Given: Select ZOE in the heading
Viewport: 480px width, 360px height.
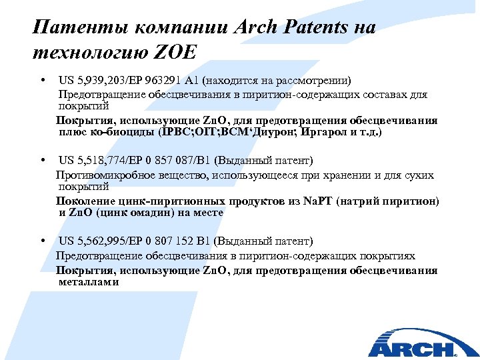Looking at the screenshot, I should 175,52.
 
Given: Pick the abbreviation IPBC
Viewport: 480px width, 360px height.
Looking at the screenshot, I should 175,132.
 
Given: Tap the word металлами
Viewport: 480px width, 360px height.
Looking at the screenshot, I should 89,282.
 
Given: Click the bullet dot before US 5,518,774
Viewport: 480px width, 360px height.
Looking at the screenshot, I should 43,161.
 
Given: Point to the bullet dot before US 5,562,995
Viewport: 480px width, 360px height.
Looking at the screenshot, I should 43,241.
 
